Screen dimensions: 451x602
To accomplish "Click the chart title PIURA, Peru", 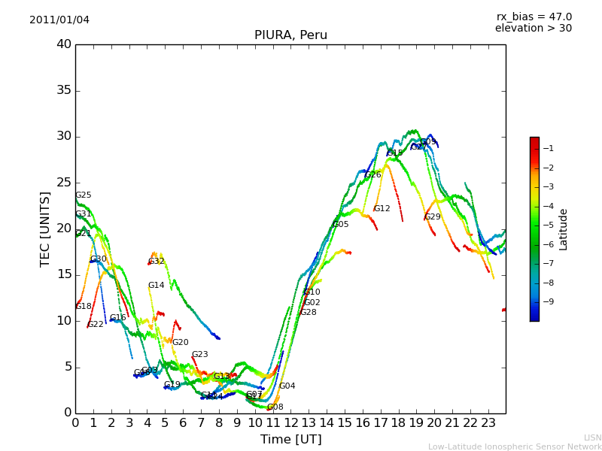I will pyautogui.click(x=290, y=35).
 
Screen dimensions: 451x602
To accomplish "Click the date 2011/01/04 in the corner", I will pyautogui.click(x=59, y=20).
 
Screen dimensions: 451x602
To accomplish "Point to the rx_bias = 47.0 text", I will pyautogui.click(x=534, y=17).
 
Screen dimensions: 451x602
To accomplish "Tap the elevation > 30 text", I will pyautogui.click(x=533, y=29).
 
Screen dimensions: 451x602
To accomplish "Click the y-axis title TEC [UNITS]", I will pyautogui.click(x=45, y=229).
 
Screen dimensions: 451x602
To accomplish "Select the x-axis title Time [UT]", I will pyautogui.click(x=290, y=439).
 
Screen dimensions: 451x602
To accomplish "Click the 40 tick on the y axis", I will pyautogui.click(x=64, y=44).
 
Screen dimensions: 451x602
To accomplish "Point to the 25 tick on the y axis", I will pyautogui.click(x=64, y=183).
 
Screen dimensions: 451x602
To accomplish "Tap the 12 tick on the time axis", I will pyautogui.click(x=291, y=422).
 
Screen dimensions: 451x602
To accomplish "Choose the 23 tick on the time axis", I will pyautogui.click(x=488, y=422).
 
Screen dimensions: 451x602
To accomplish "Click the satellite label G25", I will pyautogui.click(x=83, y=195).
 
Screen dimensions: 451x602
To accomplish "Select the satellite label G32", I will pyautogui.click(x=156, y=262).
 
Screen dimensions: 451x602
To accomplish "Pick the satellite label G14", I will pyautogui.click(x=156, y=286).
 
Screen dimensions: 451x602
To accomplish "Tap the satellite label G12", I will pyautogui.click(x=382, y=209).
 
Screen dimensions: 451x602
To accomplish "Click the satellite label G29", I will pyautogui.click(x=433, y=217).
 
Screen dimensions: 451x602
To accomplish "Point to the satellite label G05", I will pyautogui.click(x=341, y=225).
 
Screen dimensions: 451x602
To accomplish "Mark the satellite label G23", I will pyautogui.click(x=199, y=355).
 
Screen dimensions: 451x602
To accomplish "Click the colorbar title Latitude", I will pyautogui.click(x=563, y=229).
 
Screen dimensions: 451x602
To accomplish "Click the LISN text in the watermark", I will pyautogui.click(x=592, y=437).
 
